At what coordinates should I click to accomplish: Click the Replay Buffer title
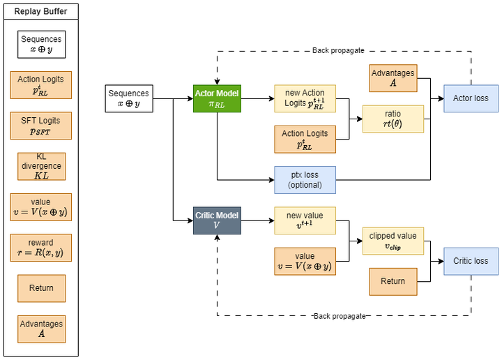click(x=41, y=12)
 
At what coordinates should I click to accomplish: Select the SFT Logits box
click(x=41, y=126)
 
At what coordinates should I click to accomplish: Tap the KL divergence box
click(x=41, y=167)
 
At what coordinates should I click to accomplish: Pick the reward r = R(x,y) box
click(x=41, y=248)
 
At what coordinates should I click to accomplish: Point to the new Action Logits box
click(x=305, y=98)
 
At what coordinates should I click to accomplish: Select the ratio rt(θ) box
click(x=393, y=119)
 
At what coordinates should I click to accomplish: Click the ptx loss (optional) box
click(x=305, y=180)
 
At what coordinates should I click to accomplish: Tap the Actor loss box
click(x=471, y=98)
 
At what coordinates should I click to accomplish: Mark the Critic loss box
click(x=471, y=261)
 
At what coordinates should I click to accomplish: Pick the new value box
click(x=305, y=220)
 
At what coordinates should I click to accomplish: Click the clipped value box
click(x=393, y=241)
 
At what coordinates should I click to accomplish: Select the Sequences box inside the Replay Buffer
click(x=41, y=45)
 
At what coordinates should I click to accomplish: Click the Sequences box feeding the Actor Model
click(x=129, y=98)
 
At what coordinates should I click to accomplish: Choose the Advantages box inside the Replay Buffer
click(x=41, y=329)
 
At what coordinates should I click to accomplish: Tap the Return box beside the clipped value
click(x=393, y=281)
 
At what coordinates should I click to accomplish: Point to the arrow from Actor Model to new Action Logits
click(x=258, y=98)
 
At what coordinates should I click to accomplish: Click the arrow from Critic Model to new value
click(x=258, y=220)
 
